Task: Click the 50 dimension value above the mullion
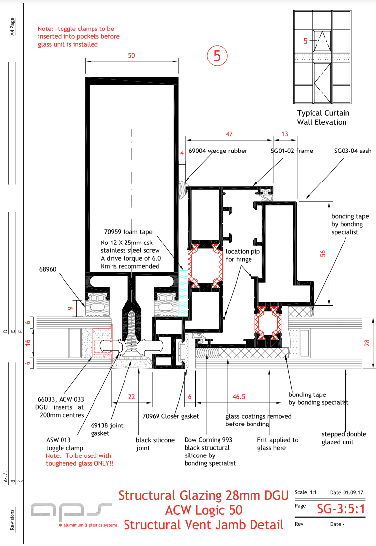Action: tap(131, 56)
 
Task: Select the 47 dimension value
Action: tap(229, 134)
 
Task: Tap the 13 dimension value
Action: tap(285, 134)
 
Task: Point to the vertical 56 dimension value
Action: tap(323, 253)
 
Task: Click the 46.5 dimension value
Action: tap(240, 396)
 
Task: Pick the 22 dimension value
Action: tap(131, 396)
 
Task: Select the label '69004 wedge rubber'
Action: tap(218, 151)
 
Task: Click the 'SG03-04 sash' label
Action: tap(352, 151)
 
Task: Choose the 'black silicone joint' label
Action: tap(155, 444)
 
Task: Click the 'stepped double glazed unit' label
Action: tap(345, 438)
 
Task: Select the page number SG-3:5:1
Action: tap(341, 508)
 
